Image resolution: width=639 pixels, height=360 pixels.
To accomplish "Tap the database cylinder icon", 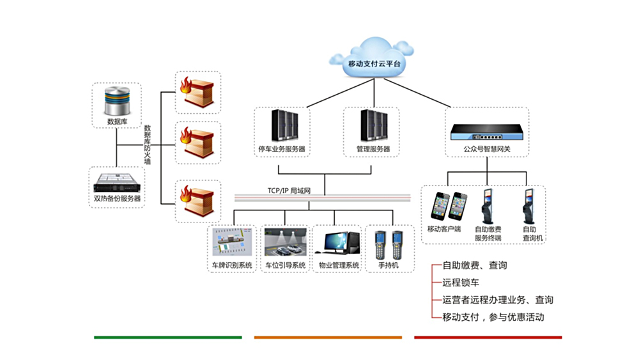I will (116, 100).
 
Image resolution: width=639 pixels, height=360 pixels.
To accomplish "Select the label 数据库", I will (116, 121).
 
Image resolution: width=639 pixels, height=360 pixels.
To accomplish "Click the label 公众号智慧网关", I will (487, 150).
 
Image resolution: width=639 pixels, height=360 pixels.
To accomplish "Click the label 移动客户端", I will (444, 228).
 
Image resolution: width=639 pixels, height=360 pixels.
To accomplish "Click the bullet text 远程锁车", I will (461, 282).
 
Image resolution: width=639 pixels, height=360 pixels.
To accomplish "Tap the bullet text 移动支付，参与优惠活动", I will (493, 317).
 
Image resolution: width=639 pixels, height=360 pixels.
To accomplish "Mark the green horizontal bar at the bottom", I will (168, 337).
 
